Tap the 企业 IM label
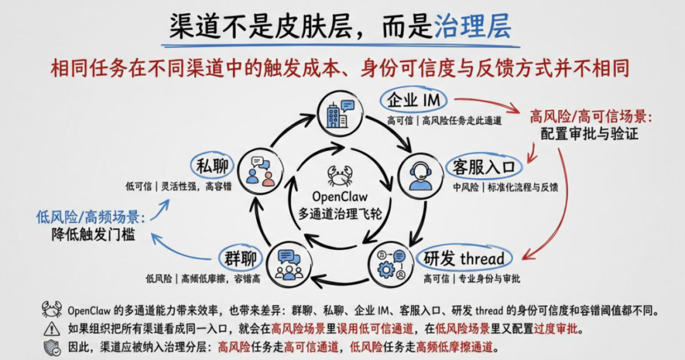[415, 100]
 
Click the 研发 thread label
[464, 258]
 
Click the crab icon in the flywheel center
[340, 174]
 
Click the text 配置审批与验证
[589, 134]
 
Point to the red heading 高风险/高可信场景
[590, 117]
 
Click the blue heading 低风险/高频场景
[91, 217]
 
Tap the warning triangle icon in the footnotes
[51, 328]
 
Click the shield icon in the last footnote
[51, 347]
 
